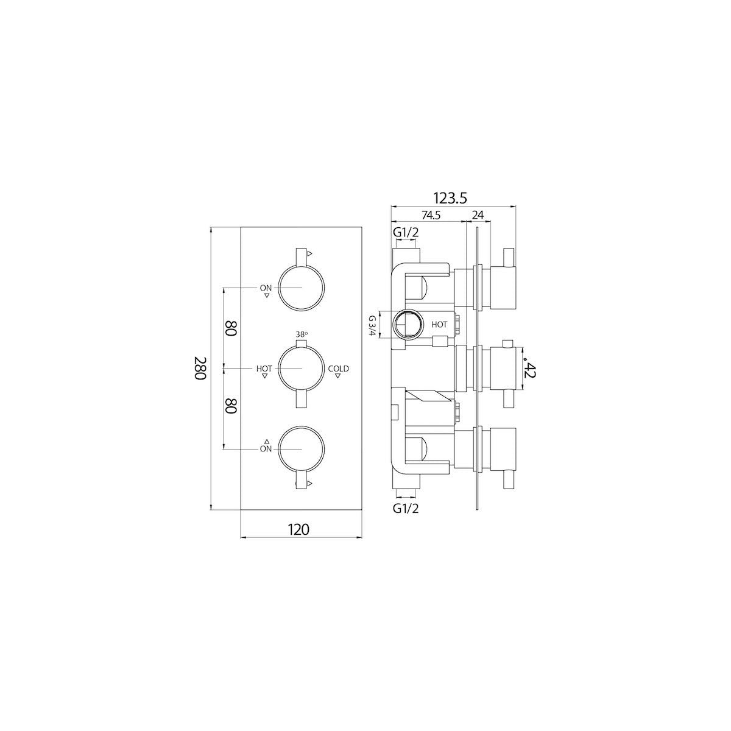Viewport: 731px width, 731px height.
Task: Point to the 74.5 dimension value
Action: pos(430,215)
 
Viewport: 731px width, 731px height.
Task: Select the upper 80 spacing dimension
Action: pos(230,329)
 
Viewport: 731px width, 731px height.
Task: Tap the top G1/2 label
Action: pos(405,233)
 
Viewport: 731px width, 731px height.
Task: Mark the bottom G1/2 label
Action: pos(405,507)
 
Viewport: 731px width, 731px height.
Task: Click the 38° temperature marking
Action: pos(302,334)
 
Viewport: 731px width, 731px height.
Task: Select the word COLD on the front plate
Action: pos(339,368)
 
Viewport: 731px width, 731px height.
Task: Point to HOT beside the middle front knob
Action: pos(264,369)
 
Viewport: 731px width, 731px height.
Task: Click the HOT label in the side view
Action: pos(439,325)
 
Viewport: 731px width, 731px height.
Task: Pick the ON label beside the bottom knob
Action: pos(266,449)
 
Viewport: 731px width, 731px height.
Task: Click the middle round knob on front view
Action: pos(301,368)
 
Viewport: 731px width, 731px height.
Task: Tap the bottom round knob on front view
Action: pos(301,449)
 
